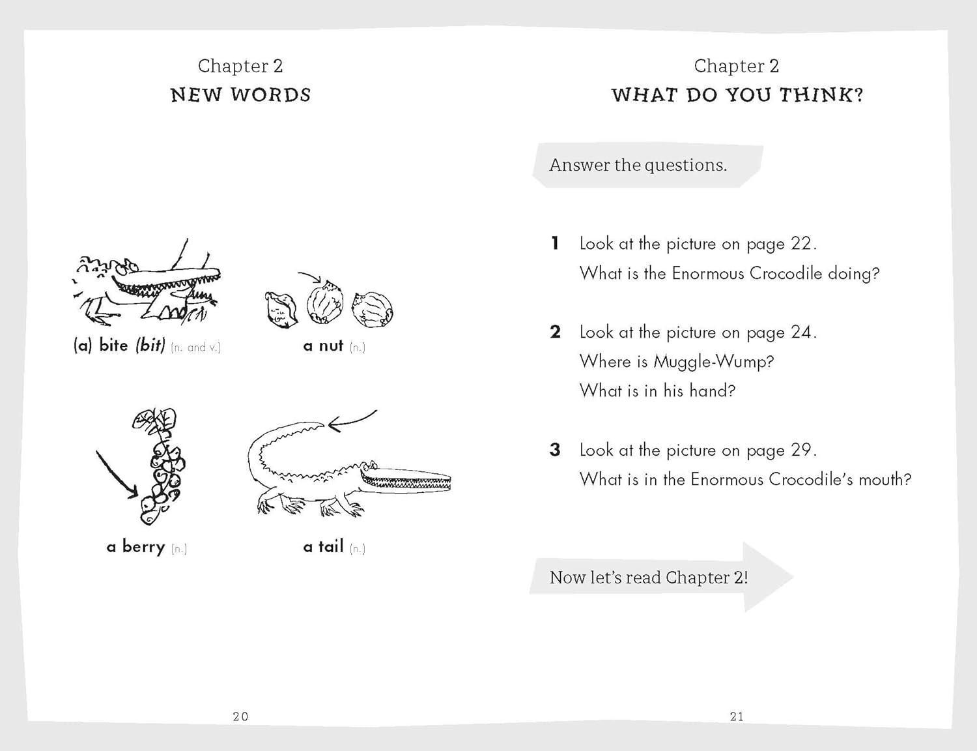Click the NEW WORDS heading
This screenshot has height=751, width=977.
tap(240, 95)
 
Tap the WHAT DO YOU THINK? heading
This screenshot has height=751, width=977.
tap(737, 95)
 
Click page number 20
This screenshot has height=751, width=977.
tap(240, 716)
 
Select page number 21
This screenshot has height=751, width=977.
tap(737, 716)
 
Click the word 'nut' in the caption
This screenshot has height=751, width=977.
tap(331, 346)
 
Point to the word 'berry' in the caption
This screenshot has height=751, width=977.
tap(143, 547)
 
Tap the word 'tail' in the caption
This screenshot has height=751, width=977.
tap(331, 547)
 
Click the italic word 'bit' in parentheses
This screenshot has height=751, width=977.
tap(150, 346)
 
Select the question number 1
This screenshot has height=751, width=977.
tap(555, 244)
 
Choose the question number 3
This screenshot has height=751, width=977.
tap(555, 450)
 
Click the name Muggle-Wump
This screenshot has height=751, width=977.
tap(713, 362)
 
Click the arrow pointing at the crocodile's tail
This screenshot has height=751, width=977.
tap(352, 420)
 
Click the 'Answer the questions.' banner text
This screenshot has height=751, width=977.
tap(638, 166)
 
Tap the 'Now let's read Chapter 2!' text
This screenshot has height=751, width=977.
tap(648, 578)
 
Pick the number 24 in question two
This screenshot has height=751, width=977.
tap(800, 332)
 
